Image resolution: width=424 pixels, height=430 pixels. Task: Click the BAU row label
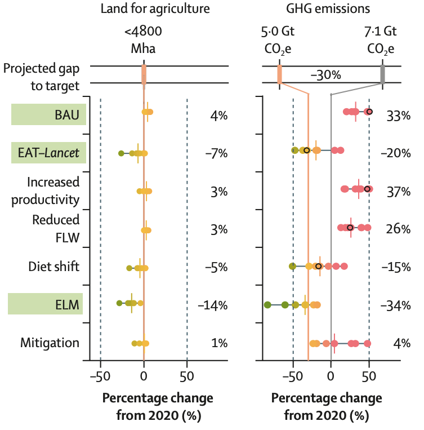66,116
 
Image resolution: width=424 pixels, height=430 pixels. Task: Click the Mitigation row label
50,343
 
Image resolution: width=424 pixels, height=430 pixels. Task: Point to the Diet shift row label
54,267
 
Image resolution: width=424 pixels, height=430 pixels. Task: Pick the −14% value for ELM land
212,305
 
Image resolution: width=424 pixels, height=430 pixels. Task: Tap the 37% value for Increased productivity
398,192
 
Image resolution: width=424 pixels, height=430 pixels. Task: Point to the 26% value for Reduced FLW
398,230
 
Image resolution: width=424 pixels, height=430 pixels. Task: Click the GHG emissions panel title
329,9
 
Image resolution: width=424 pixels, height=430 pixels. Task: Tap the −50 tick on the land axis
100,376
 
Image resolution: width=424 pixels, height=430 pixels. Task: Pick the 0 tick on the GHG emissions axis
331,376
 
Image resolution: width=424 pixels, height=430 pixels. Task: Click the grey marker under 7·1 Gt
382,74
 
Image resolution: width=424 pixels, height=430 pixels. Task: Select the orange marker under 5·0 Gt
279,74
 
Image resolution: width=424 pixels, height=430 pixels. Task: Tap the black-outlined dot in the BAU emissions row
368,112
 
